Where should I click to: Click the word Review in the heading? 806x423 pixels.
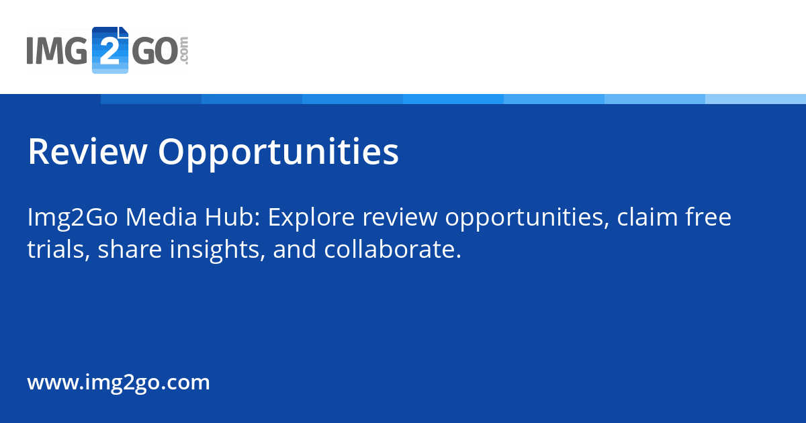87,152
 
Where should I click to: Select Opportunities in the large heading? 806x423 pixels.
278,153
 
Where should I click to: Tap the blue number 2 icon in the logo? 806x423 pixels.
109,50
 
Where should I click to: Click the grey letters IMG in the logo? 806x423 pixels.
58,51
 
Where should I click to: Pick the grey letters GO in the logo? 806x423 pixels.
154,51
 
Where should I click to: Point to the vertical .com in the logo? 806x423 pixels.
184,51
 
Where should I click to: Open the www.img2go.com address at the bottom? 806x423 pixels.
118,383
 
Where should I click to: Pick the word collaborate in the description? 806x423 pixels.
392,250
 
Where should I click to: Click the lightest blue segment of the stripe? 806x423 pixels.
756,99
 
